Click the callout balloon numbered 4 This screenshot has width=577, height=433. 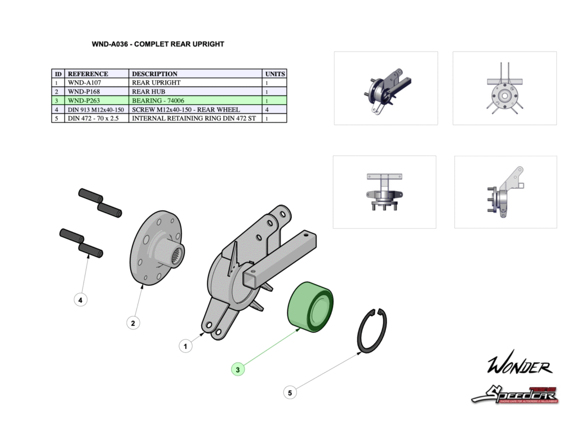click(81, 301)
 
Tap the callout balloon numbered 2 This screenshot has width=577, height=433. click(133, 323)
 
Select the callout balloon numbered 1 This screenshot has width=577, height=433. click(186, 346)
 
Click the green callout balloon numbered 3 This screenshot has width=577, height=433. click(238, 370)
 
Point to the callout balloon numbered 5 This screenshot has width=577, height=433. click(290, 393)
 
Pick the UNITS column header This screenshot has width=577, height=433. click(275, 74)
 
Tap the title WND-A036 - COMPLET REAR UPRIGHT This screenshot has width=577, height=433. click(158, 44)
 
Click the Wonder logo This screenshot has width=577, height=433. click(519, 367)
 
